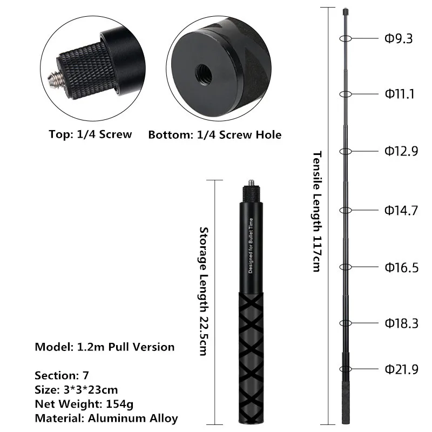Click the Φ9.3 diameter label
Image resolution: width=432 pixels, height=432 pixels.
pos(399,39)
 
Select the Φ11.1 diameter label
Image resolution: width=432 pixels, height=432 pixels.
pos(400,94)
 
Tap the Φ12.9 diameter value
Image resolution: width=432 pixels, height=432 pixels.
pos(401,152)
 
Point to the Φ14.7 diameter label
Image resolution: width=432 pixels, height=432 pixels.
pos(401,211)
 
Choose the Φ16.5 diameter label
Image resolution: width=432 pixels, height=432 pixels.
pos(401,267)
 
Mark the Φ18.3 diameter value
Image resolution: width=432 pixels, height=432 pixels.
pos(401,323)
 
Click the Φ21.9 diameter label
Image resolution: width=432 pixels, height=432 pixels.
pos(401,369)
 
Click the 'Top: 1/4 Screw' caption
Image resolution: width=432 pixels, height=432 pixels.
pos(90,134)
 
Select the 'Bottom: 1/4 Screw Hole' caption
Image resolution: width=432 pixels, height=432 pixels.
pos(215,134)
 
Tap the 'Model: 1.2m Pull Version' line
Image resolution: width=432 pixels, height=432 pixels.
pos(105,347)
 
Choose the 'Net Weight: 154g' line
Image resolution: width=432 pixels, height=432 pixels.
pos(82,403)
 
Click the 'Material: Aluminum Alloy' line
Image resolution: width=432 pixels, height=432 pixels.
pos(106,417)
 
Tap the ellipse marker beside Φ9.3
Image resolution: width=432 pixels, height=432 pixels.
pos(346,38)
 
